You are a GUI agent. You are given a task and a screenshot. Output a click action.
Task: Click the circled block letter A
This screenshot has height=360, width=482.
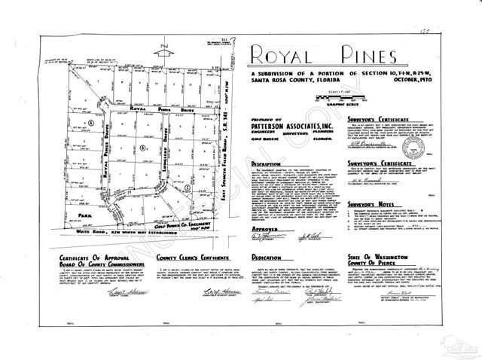(x=90, y=122)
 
